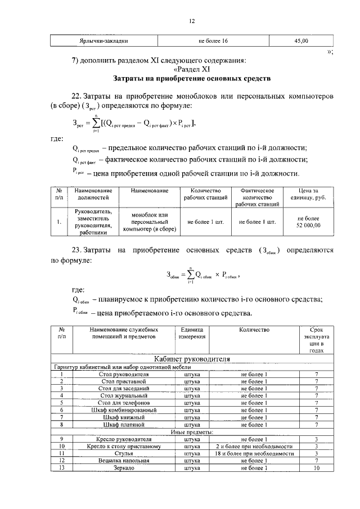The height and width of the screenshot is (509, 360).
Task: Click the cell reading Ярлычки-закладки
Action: [104, 41]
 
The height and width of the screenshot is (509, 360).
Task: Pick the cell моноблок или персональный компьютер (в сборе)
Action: [150, 222]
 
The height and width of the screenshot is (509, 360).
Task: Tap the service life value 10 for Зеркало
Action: [317, 468]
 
